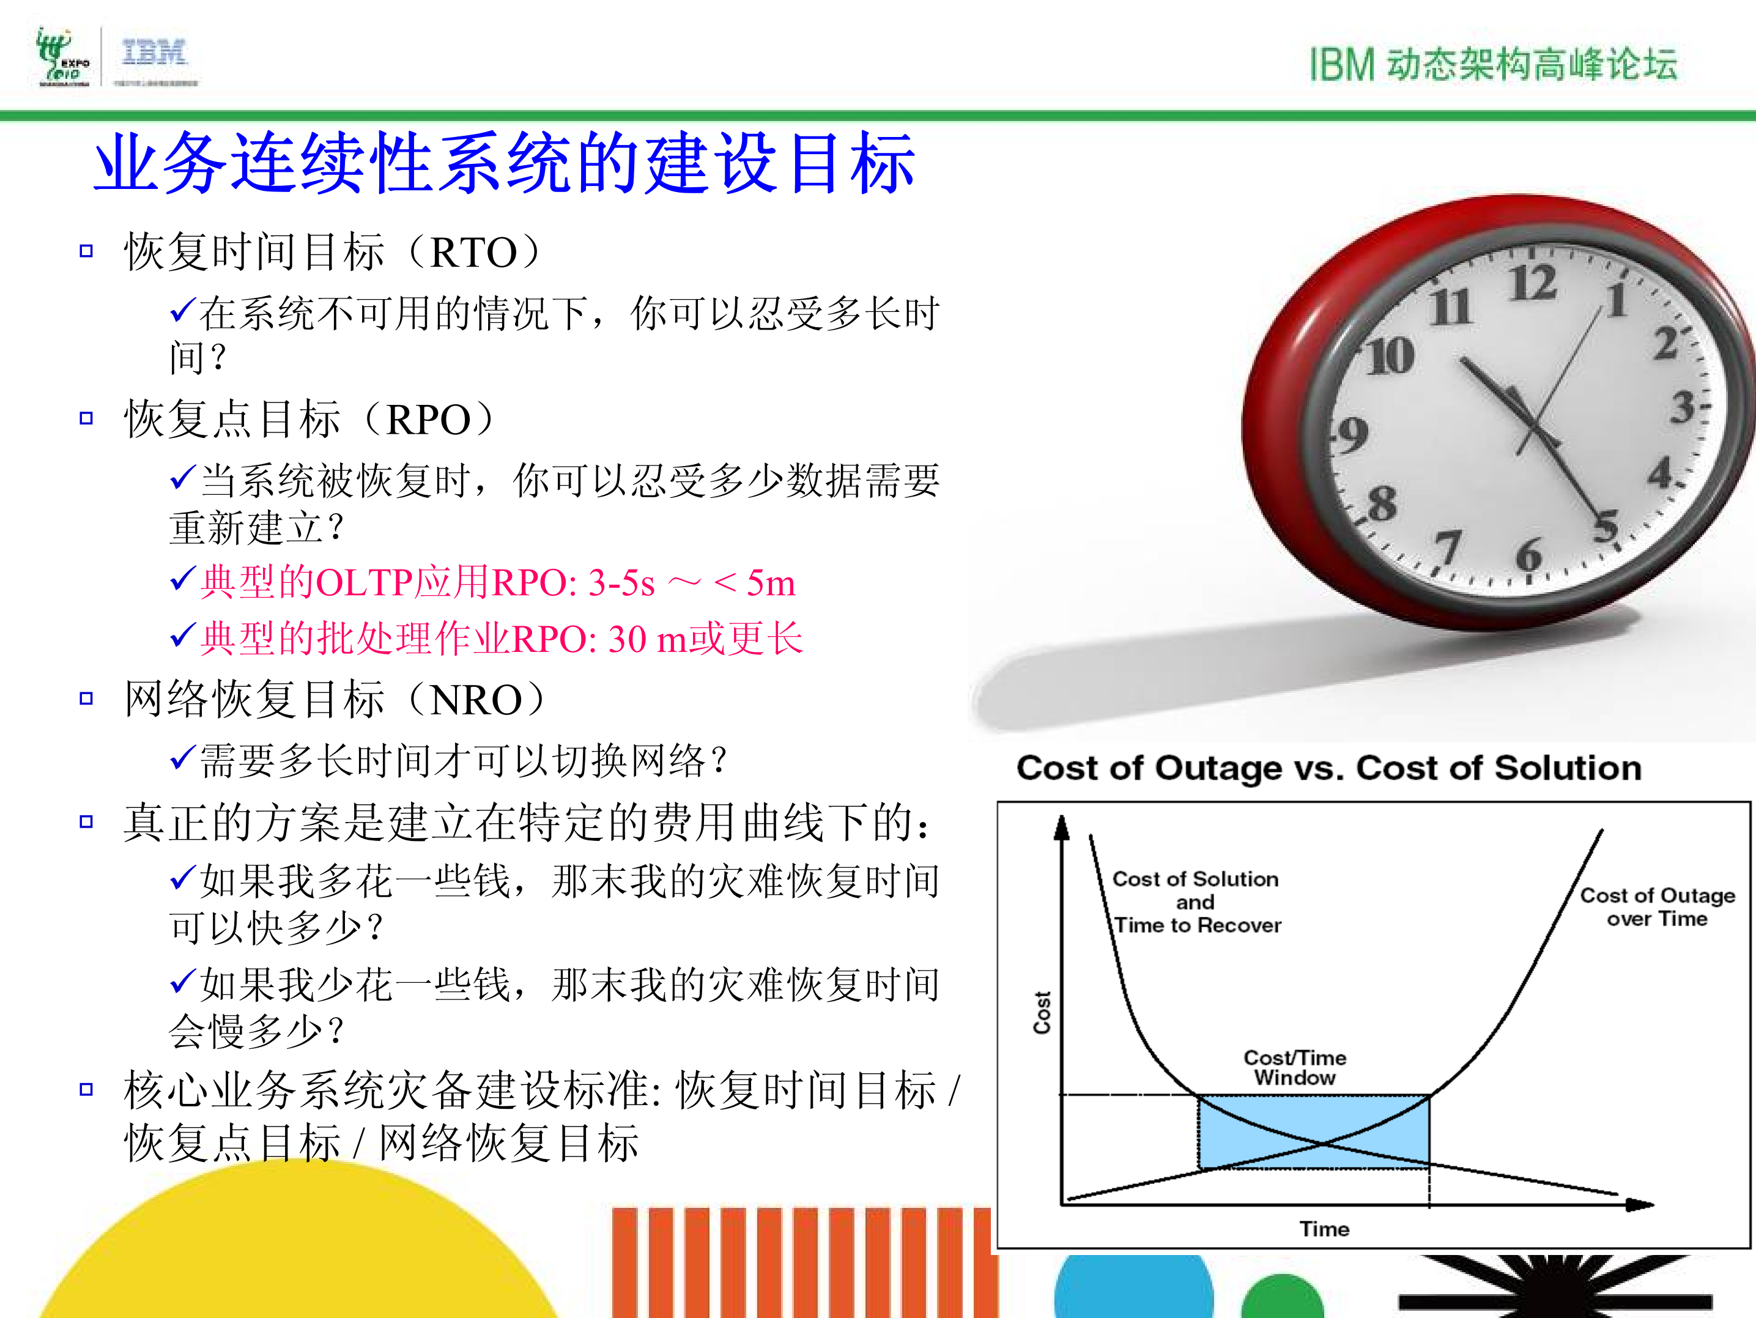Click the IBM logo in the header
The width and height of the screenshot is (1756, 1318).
pyautogui.click(x=154, y=54)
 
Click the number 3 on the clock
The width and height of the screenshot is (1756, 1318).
pyautogui.click(x=1682, y=407)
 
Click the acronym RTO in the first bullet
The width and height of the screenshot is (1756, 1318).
pyautogui.click(x=474, y=253)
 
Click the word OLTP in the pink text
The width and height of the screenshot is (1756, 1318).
pyautogui.click(x=363, y=583)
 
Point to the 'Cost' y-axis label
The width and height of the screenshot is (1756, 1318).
pyautogui.click(x=1042, y=1012)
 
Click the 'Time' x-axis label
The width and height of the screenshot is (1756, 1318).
pyautogui.click(x=1324, y=1229)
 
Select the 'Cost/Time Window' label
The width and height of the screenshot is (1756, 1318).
pyautogui.click(x=1295, y=1067)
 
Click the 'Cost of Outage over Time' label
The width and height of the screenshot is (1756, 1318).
pyautogui.click(x=1657, y=907)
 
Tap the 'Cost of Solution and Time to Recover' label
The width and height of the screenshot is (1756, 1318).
pyautogui.click(x=1196, y=902)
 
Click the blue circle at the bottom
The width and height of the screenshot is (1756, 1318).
pyautogui.click(x=1133, y=1290)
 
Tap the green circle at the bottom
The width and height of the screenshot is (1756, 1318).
pyautogui.click(x=1281, y=1298)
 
